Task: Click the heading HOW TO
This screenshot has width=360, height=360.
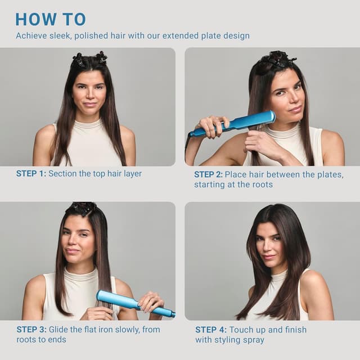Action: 51,19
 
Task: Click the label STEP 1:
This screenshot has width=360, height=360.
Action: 31,174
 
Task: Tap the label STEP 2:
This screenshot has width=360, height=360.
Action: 208,174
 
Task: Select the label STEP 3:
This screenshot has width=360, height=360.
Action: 31,329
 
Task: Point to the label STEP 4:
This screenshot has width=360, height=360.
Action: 210,329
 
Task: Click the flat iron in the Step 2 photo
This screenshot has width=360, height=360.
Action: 236,123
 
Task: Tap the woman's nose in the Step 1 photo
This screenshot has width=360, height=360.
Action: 89,95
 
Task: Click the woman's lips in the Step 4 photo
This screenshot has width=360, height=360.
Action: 269,256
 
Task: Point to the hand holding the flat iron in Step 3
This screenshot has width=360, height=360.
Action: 150,302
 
